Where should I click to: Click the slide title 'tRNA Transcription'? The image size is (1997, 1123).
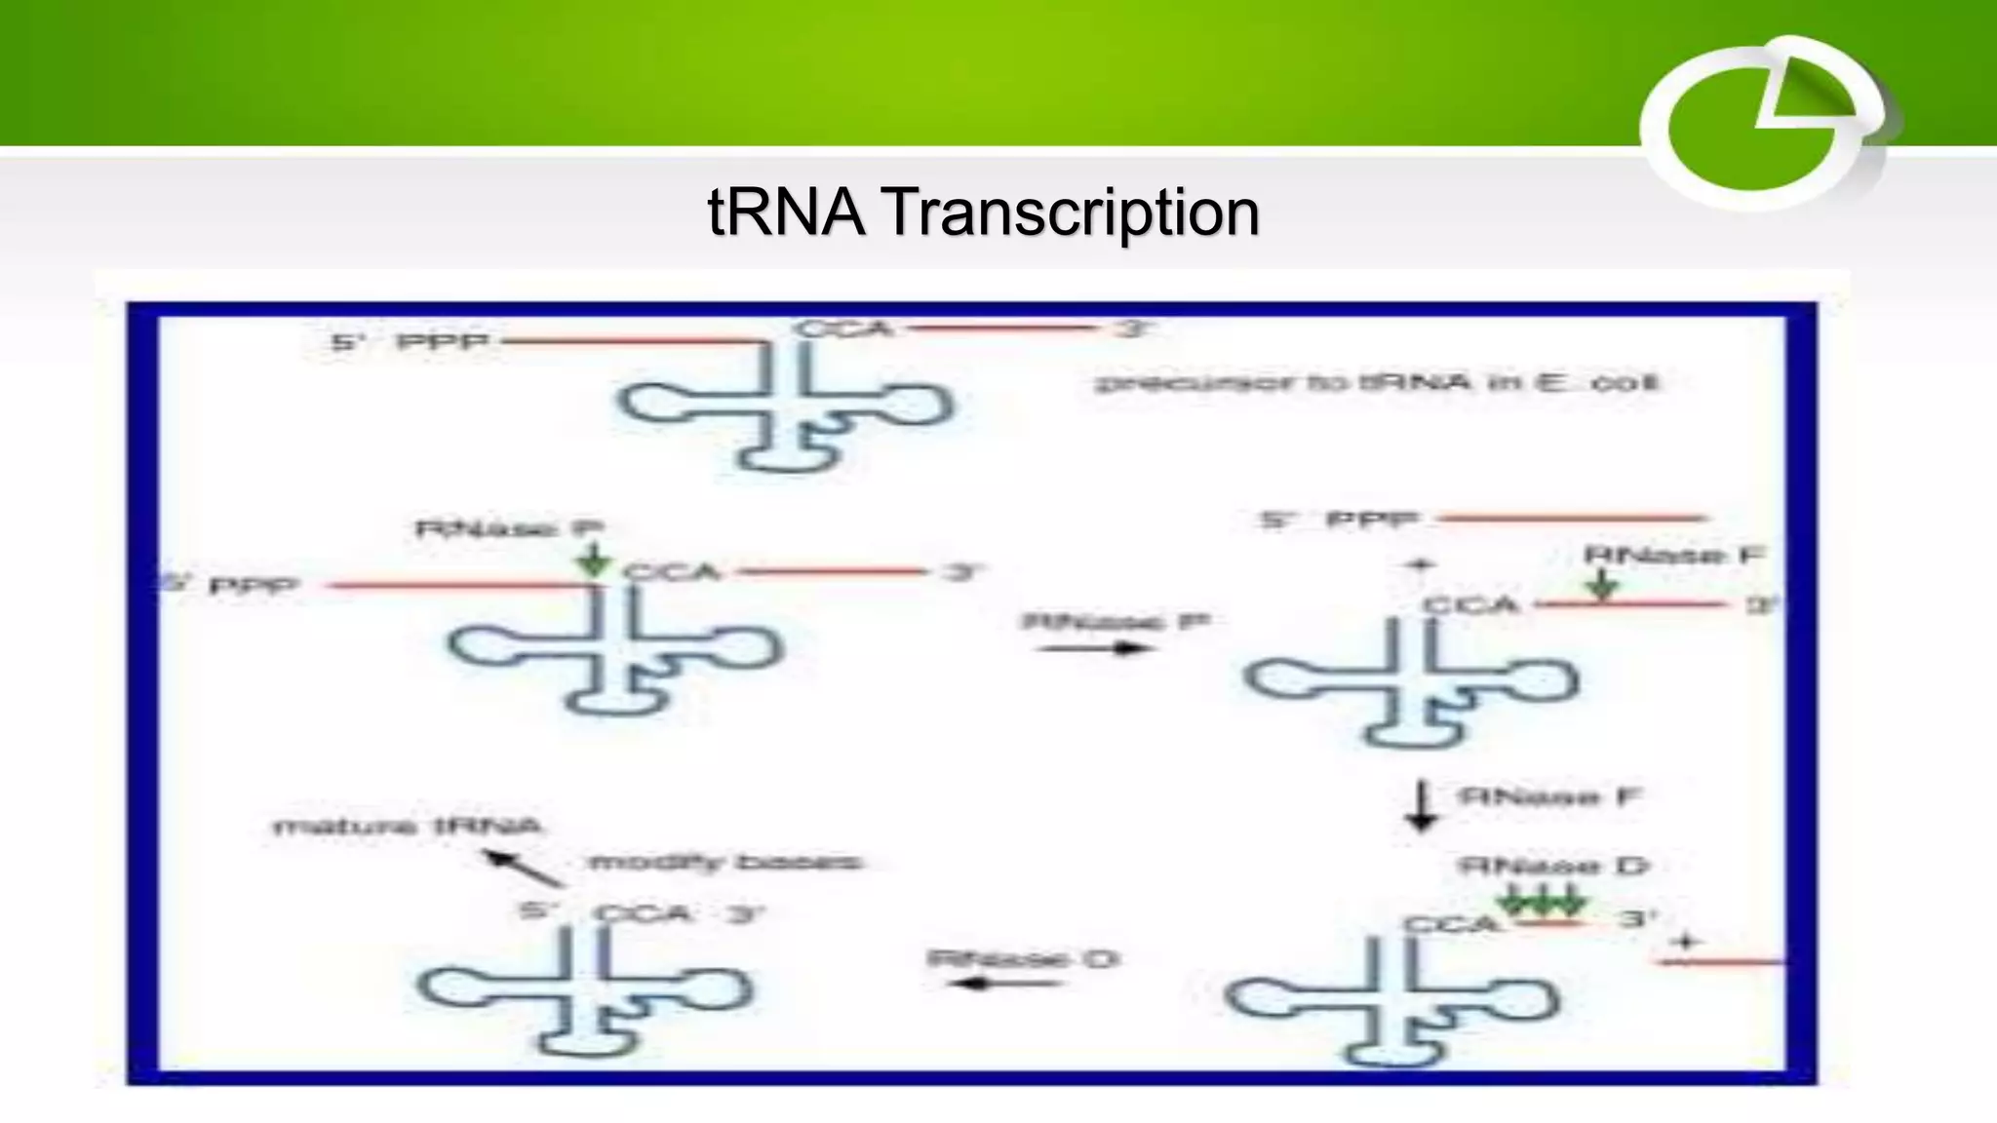pos(983,212)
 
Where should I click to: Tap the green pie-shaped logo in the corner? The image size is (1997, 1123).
pos(1765,125)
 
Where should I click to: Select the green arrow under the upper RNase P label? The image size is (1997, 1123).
pos(594,560)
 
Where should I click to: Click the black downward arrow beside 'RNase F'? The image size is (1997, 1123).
pos(1422,805)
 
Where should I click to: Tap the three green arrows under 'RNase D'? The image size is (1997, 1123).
pos(1543,899)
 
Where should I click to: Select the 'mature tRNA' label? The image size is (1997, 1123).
pos(407,828)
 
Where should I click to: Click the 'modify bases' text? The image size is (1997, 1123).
pos(724,863)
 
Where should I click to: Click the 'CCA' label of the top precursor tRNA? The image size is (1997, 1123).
pos(844,329)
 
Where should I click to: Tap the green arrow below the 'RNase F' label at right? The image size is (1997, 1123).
pos(1601,585)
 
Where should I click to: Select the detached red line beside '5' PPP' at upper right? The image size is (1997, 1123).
pos(1572,518)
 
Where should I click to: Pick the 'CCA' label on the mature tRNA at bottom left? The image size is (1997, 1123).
pos(643,914)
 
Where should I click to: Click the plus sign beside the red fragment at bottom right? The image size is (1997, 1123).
pos(1685,942)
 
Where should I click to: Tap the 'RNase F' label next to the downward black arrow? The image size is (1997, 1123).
pos(1549,796)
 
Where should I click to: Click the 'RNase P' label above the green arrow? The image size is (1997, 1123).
pos(509,529)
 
